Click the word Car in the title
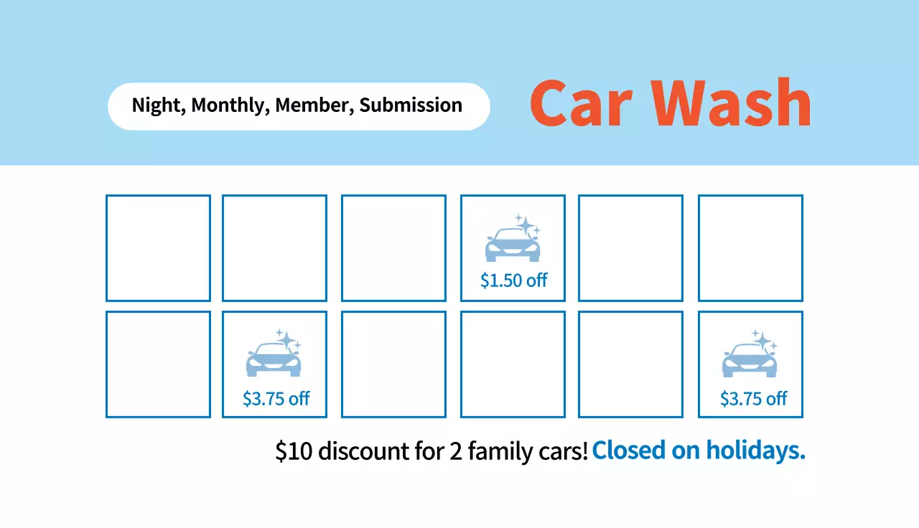click(581, 103)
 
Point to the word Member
click(314, 105)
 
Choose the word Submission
click(411, 105)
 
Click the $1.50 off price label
click(513, 280)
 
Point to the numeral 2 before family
click(456, 451)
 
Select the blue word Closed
click(628, 450)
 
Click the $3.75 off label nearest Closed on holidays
click(753, 399)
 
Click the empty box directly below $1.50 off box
click(513, 364)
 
